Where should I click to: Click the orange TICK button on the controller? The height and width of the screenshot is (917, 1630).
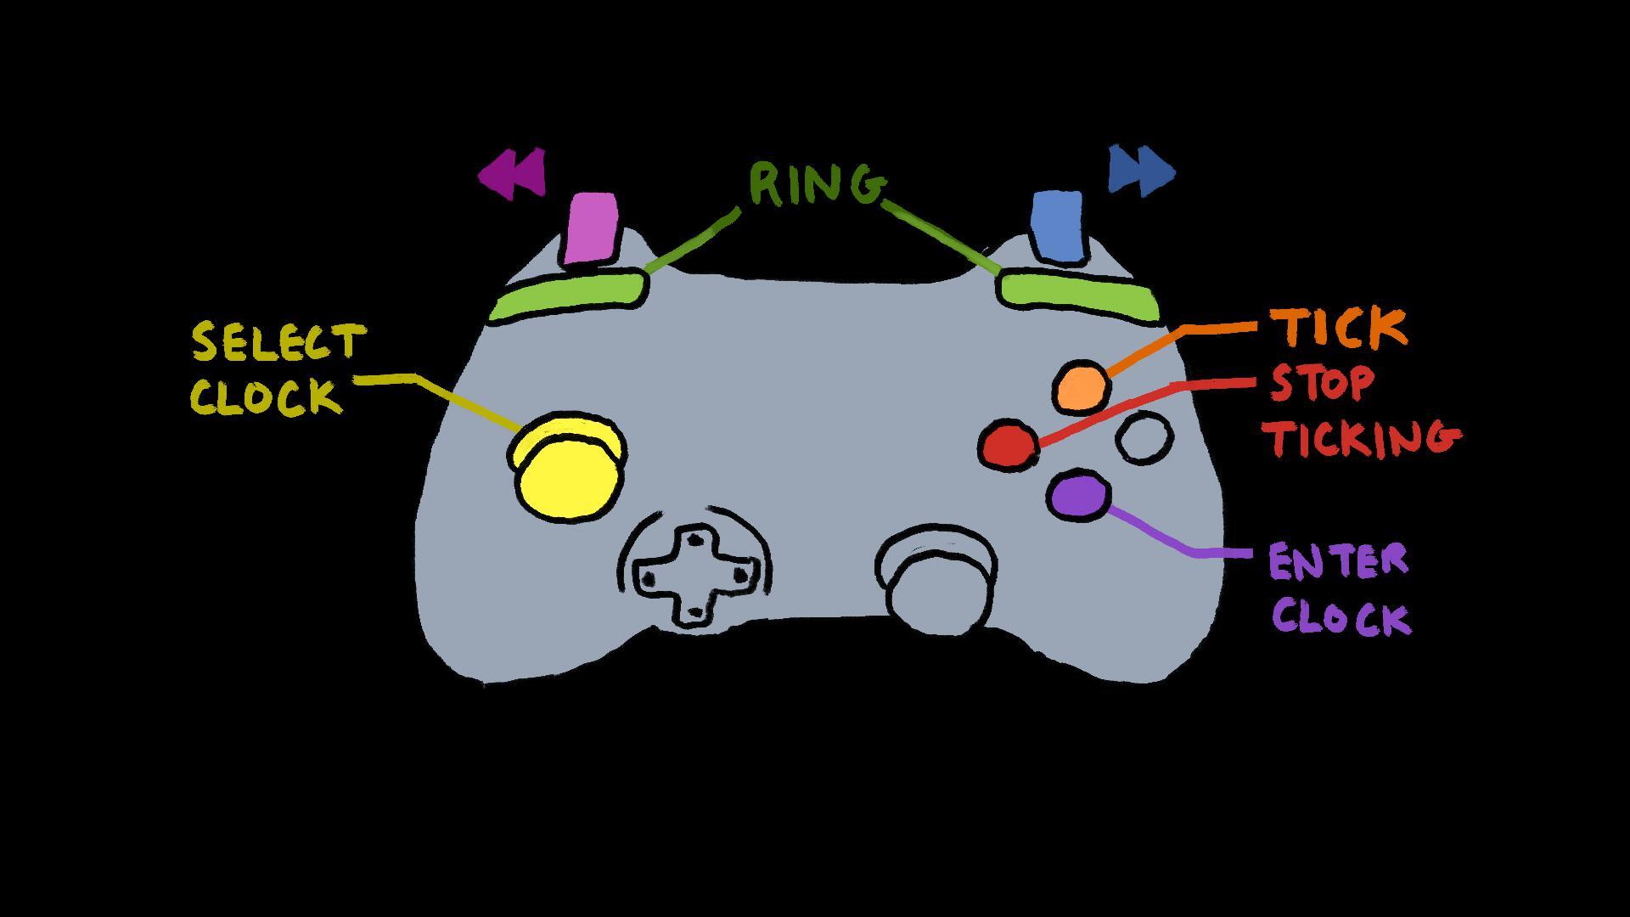tap(1082, 386)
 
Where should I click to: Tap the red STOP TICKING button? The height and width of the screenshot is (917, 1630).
tap(1009, 443)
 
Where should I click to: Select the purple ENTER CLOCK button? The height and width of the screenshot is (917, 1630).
tap(1079, 496)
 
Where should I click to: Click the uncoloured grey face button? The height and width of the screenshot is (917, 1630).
tap(1144, 437)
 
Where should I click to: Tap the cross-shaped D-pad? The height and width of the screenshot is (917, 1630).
tap(694, 575)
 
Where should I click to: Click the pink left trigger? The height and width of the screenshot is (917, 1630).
tap(591, 228)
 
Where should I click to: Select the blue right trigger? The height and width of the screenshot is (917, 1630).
tap(1058, 225)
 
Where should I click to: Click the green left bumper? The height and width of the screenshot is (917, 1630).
tap(567, 295)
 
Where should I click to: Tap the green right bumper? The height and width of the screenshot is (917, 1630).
tap(1078, 294)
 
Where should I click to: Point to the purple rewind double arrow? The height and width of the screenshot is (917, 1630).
tap(512, 174)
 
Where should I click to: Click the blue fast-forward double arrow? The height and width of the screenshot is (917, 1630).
tap(1141, 171)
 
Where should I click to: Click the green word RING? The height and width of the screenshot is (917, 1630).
tap(816, 184)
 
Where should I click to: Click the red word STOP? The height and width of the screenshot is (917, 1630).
tap(1321, 384)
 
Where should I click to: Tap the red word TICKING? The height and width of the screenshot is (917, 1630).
tap(1362, 438)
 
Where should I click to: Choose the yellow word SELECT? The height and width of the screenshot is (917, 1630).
tap(278, 342)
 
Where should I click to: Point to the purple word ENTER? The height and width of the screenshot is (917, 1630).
tap(1338, 562)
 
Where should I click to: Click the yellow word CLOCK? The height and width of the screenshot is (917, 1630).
tap(267, 397)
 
